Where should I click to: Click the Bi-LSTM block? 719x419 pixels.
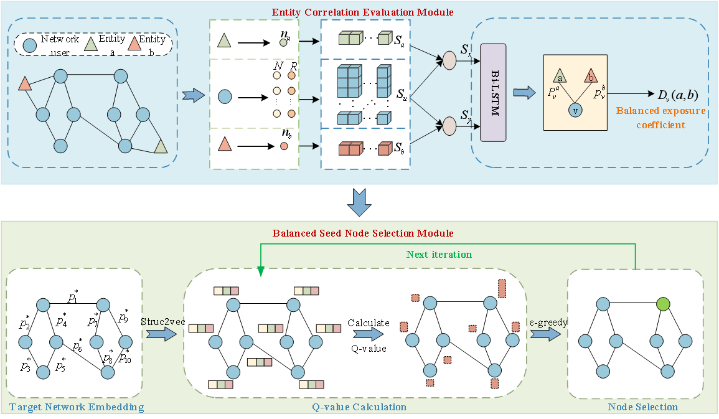tap(495, 93)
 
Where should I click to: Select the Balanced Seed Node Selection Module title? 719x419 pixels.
tap(363, 233)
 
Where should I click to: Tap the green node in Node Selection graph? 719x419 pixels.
tap(663, 304)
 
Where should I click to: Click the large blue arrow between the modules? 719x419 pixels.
tap(360, 200)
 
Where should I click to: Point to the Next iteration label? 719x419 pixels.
tap(438, 254)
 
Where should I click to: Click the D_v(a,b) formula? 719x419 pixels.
tap(677, 95)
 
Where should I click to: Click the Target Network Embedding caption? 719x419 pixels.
tap(77, 407)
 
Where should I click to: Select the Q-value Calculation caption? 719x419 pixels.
tap(359, 407)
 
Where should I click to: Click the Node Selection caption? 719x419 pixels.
tap(642, 407)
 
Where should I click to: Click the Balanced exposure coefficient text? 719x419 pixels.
tap(660, 118)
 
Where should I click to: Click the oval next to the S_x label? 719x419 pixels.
tap(449, 60)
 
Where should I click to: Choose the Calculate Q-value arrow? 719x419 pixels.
tap(368, 336)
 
